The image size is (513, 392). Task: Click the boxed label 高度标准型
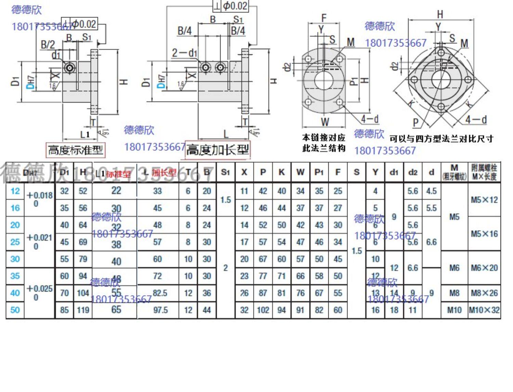click(x=75, y=150)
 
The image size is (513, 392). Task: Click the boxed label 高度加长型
click(x=218, y=150)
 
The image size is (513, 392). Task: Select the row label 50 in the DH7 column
click(x=15, y=310)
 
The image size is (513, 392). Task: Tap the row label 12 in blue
click(x=15, y=191)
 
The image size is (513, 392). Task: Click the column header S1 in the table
click(x=225, y=172)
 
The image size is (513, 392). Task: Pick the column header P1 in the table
click(x=319, y=172)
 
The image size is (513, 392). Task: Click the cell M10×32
click(x=484, y=310)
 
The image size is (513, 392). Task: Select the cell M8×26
click(x=484, y=293)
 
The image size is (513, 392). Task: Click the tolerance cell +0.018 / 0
click(x=39, y=199)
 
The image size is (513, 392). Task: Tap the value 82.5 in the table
click(x=160, y=293)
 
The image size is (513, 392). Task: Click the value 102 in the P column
click(x=263, y=310)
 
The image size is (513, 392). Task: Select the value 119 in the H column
click(x=83, y=310)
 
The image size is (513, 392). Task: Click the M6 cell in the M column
click(x=454, y=268)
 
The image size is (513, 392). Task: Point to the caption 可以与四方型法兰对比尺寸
click(x=441, y=139)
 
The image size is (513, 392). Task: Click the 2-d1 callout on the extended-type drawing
click(x=184, y=53)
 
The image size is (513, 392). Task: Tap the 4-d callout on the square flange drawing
click(x=476, y=119)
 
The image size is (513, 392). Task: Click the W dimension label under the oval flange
click(x=325, y=121)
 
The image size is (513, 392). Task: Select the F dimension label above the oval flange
click(x=324, y=18)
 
